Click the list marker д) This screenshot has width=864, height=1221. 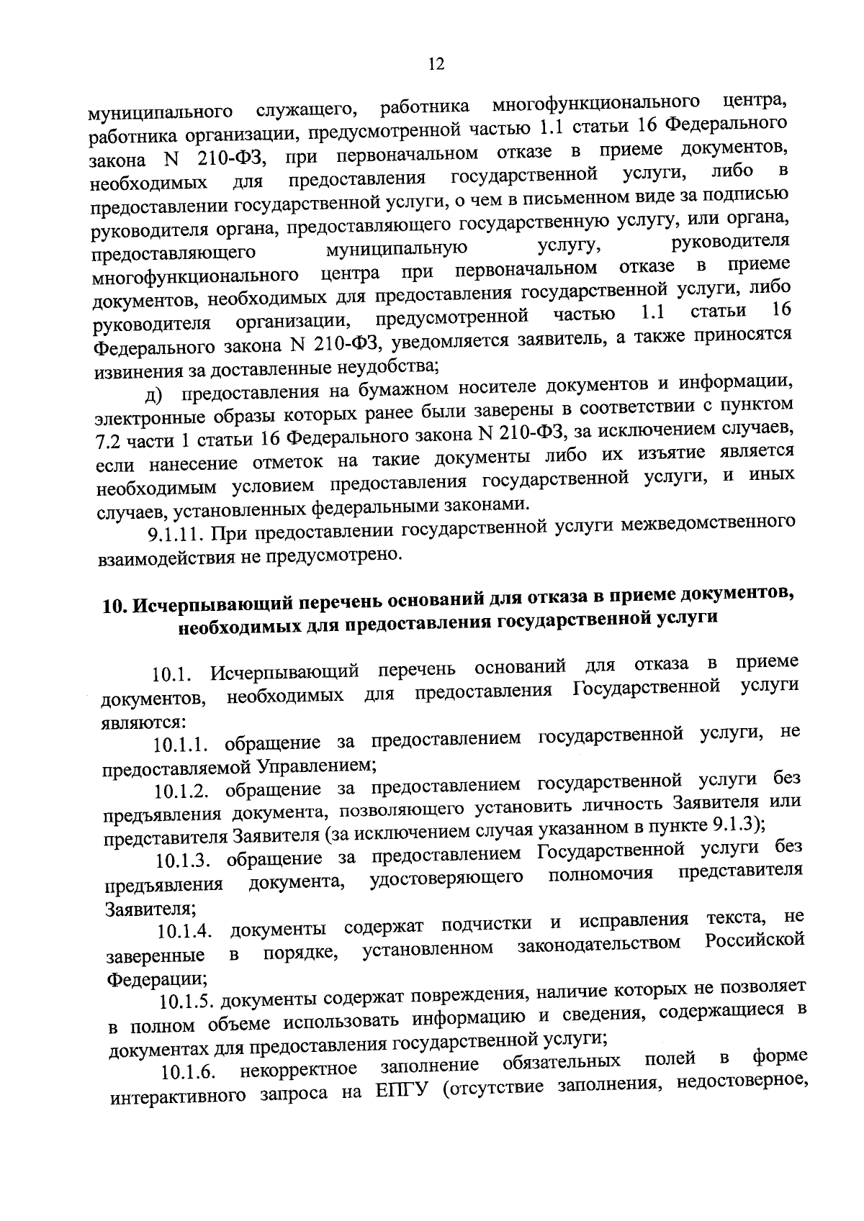154,395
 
